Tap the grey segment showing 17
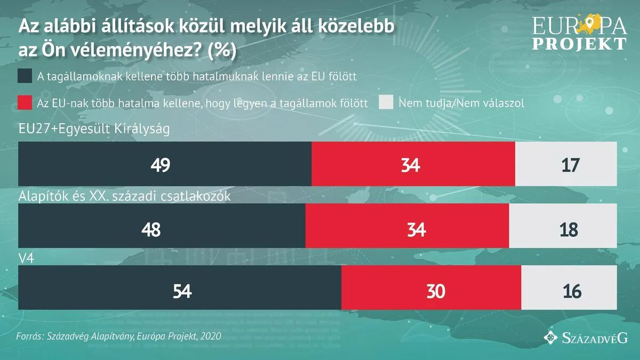tap(566, 164)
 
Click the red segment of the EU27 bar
tap(413, 164)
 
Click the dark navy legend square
tap(25, 76)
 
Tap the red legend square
tap(25, 102)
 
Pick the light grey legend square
tap(386, 102)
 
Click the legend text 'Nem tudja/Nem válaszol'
tap(461, 103)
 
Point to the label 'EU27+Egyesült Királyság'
tap(94, 129)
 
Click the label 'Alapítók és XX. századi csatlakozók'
tap(124, 196)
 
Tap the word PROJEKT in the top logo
tap(579, 44)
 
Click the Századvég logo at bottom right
tap(585, 337)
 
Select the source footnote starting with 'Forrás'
tap(118, 337)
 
